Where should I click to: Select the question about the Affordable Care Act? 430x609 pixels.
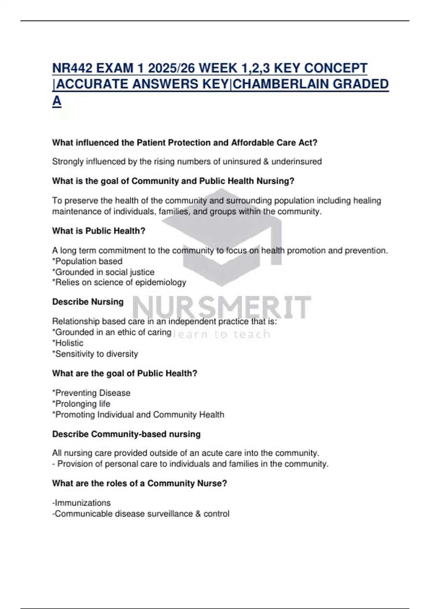[185, 143]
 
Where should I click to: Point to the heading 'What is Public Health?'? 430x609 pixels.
[99, 231]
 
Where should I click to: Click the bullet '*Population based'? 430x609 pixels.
[87, 261]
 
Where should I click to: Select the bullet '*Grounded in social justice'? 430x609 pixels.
[103, 272]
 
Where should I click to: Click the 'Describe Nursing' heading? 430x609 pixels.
[88, 302]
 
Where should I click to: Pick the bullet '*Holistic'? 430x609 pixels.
[68, 343]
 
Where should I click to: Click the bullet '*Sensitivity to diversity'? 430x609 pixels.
[95, 354]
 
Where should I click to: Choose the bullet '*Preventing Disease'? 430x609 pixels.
[91, 393]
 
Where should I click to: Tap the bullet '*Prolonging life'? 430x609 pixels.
[81, 404]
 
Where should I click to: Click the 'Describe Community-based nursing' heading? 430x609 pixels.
[126, 434]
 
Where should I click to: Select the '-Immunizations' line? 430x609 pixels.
[81, 503]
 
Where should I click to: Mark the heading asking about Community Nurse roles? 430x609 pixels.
[139, 483]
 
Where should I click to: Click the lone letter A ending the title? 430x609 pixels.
[57, 101]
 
